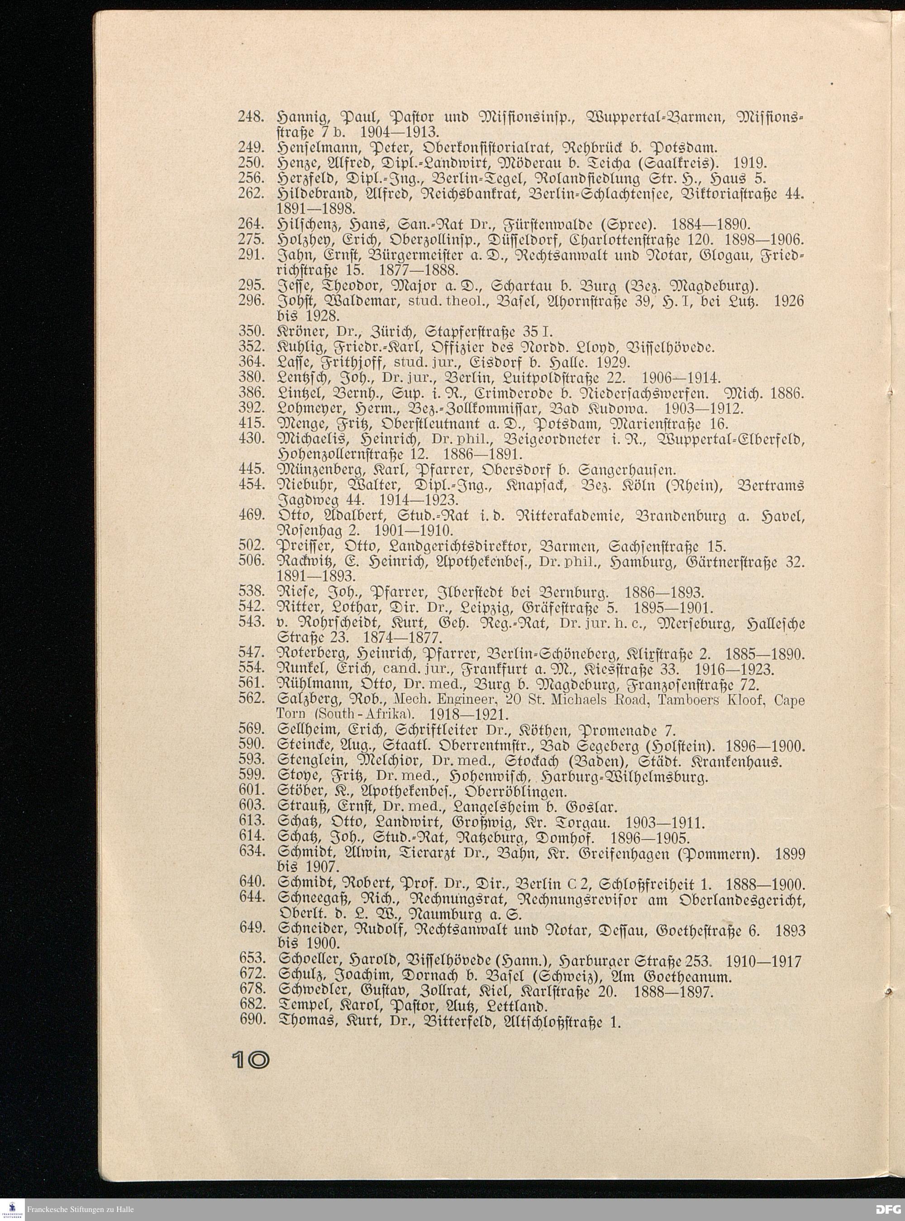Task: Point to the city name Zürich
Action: click(354, 331)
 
